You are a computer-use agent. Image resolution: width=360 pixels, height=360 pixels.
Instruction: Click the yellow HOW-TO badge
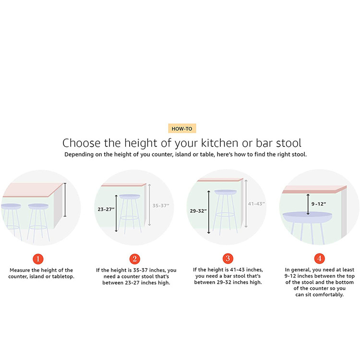pyautogui.click(x=182, y=129)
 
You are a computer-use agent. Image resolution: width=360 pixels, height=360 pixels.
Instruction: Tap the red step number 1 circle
pyautogui.click(x=38, y=259)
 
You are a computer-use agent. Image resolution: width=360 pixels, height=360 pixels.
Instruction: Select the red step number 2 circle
pyautogui.click(x=135, y=259)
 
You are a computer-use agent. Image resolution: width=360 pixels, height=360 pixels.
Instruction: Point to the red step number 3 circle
pyautogui.click(x=228, y=258)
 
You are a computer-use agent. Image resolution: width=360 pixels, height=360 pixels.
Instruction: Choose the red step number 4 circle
pyautogui.click(x=319, y=258)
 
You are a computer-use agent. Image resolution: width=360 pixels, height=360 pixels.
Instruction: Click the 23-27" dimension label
pyautogui.click(x=106, y=209)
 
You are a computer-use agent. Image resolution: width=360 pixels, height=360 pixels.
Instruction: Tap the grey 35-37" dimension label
pyautogui.click(x=161, y=206)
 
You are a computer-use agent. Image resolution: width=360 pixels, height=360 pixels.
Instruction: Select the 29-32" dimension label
pyautogui.click(x=198, y=211)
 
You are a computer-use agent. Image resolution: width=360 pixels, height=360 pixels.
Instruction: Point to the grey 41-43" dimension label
pyautogui.click(x=256, y=204)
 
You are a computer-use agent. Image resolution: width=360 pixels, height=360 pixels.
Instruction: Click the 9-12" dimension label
pyautogui.click(x=319, y=204)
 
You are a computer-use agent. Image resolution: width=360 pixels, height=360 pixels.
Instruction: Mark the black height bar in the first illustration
pyautogui.click(x=65, y=200)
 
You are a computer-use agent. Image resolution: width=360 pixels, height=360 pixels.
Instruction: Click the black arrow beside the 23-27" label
pyautogui.click(x=116, y=213)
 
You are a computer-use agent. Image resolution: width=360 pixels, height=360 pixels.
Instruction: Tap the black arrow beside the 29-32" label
pyautogui.click(x=209, y=212)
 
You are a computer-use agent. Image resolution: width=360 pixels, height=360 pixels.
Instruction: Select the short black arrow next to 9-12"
pyautogui.click(x=308, y=204)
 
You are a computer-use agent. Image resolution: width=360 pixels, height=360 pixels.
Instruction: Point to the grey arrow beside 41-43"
pyautogui.click(x=246, y=204)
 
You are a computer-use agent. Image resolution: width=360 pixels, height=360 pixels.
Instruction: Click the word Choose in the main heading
pyautogui.click(x=82, y=143)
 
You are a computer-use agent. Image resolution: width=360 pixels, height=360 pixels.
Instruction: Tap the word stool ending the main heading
pyautogui.click(x=288, y=143)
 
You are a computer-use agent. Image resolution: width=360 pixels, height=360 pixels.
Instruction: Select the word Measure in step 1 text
pyautogui.click(x=20, y=270)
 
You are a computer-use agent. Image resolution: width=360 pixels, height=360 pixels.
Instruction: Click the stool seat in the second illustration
pyautogui.click(x=130, y=196)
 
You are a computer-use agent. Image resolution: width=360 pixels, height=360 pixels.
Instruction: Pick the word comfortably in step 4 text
pyautogui.click(x=328, y=295)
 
